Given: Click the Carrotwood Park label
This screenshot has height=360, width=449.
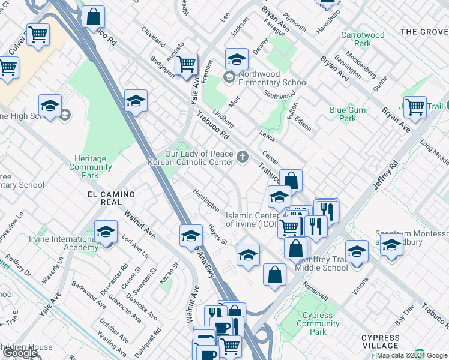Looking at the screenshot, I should click(x=363, y=40).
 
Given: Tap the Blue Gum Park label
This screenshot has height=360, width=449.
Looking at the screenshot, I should click(x=343, y=114).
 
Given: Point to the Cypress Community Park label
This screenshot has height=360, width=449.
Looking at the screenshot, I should click(x=318, y=323).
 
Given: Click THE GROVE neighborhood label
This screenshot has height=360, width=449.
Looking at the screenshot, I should click(x=424, y=31).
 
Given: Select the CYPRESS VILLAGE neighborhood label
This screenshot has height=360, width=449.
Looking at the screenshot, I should click(x=381, y=341).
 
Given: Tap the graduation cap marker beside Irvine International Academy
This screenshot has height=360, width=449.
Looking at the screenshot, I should click(x=106, y=232).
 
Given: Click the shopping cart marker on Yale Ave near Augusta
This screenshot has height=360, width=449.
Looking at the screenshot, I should click(x=187, y=62).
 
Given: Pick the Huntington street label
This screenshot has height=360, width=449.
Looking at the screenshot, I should click(x=206, y=200).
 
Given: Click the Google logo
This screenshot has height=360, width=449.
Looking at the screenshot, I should click(x=20, y=353).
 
